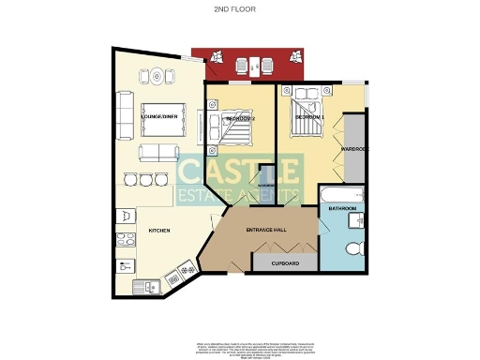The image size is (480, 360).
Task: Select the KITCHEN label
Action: pos(157,231)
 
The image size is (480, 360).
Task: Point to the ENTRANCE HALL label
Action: pos(266,230)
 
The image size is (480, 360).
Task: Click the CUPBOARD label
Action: pos(286,264)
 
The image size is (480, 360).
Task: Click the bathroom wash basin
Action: pos(355,220)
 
